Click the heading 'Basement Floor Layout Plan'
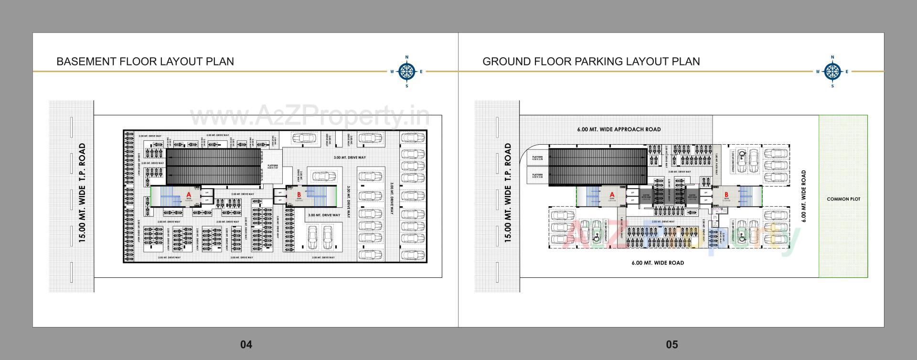coord(145,62)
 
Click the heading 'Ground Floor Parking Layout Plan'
coord(591,62)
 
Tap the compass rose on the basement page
coord(406,72)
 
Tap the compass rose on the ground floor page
coord(832,72)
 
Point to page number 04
coord(246,344)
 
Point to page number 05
coord(672,344)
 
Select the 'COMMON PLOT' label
coord(843,199)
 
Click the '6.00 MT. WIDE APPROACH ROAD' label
coord(618,129)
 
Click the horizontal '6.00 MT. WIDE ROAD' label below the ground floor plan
coord(657,263)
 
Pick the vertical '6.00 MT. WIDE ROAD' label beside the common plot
coord(804,196)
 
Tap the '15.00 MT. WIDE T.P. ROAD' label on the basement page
coord(82,193)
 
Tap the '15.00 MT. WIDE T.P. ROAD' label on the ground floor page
coord(508,193)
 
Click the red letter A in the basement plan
coord(189,195)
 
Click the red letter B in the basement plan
coord(299,195)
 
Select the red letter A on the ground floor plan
coord(612,195)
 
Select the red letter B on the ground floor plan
coord(726,195)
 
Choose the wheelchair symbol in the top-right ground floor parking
coord(742,155)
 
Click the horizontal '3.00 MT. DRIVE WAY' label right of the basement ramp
coord(350,158)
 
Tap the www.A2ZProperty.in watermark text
coord(309,116)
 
